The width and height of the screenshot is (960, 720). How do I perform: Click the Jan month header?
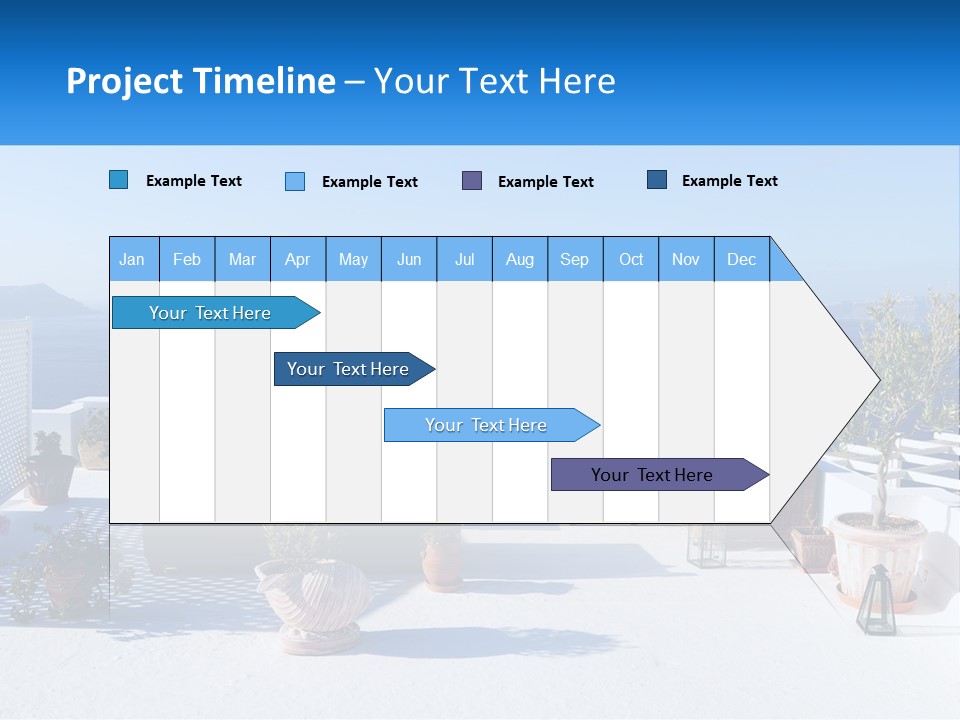pos(132,260)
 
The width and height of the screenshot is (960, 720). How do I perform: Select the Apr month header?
pos(298,260)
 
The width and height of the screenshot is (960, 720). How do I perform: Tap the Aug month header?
pos(520,260)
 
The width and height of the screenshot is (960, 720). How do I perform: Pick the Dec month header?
pos(741,260)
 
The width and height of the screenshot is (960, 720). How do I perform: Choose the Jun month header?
pos(409,260)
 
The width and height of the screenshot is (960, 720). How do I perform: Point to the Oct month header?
pos(631,260)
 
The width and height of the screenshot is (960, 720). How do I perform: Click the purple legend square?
pos(472,181)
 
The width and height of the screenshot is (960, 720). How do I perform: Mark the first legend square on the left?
pos(119,180)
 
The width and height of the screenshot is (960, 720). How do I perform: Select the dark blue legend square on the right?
pos(657,180)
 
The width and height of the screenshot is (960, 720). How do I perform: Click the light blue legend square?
pos(295,181)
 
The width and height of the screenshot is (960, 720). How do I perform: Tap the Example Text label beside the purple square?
pos(546,182)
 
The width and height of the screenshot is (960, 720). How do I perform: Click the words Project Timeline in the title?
pos(200,81)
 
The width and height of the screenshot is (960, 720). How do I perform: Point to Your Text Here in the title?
pos(495,81)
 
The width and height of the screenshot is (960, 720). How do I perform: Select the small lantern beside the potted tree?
pos(876,600)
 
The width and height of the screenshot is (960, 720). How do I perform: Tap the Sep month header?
pos(575,260)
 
